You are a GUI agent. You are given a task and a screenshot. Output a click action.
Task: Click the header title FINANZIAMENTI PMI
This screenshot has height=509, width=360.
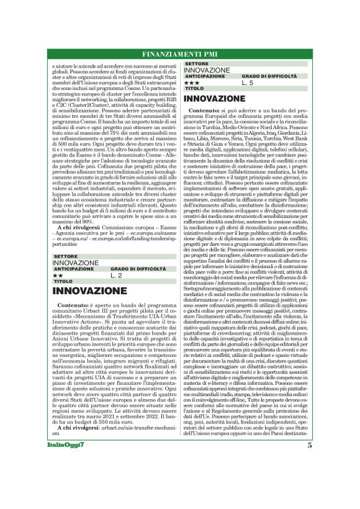179,53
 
